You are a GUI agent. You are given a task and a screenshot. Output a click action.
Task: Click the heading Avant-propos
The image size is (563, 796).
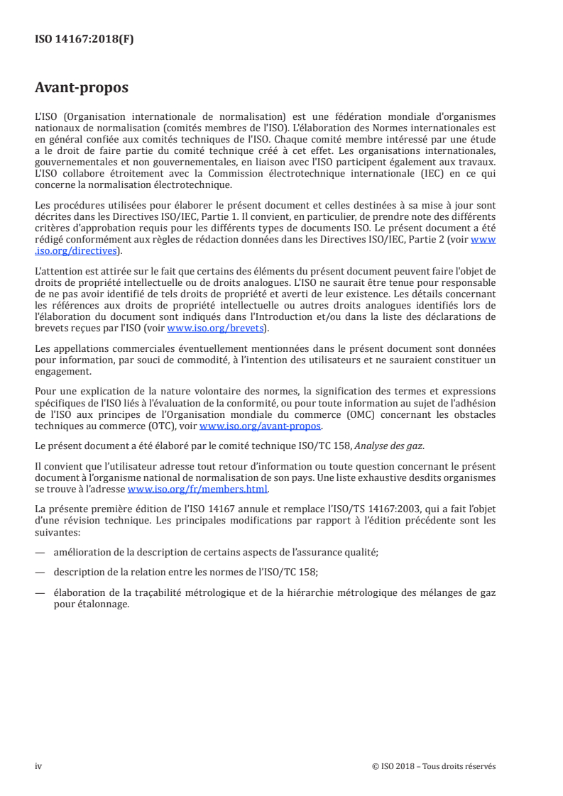(x=82, y=89)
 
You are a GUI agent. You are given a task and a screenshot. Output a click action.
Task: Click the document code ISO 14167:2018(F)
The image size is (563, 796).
(x=84, y=40)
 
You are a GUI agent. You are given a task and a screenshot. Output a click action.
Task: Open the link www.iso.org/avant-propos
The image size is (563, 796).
(x=261, y=426)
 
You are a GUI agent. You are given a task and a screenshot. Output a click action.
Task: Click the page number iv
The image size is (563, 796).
(x=38, y=765)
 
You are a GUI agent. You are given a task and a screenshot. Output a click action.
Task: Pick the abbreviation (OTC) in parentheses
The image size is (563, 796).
(x=175, y=426)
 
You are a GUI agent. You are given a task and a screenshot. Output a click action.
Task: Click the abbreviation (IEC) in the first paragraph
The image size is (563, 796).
(x=426, y=175)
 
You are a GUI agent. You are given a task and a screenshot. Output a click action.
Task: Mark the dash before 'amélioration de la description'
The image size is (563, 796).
(x=40, y=551)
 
